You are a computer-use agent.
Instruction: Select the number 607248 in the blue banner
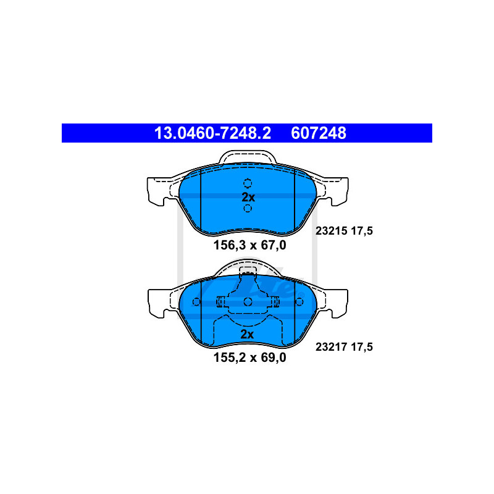click(x=319, y=133)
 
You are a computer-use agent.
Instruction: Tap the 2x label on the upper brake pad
click(x=248, y=197)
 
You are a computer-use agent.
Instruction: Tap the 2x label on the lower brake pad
click(x=248, y=334)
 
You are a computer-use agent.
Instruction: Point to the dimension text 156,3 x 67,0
click(x=249, y=245)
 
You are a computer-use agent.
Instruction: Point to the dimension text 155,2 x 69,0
click(x=249, y=357)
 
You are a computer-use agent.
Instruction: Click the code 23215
click(x=331, y=231)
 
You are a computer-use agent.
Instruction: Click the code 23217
click(x=331, y=346)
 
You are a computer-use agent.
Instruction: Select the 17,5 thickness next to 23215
click(x=362, y=231)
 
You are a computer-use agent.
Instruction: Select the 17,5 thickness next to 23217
click(x=362, y=346)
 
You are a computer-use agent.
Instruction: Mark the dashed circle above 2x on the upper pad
click(x=248, y=183)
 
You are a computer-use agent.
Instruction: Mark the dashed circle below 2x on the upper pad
click(x=248, y=209)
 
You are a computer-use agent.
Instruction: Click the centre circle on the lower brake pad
click(x=248, y=301)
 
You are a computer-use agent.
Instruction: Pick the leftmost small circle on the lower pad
click(x=196, y=301)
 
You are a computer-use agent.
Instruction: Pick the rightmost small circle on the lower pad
click(x=299, y=301)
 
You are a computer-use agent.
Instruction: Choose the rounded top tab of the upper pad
click(x=248, y=157)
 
